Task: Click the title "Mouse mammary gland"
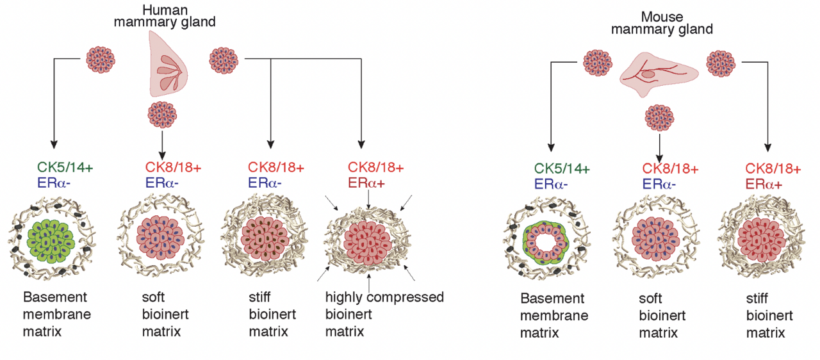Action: click(662, 23)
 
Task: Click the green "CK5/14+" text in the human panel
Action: click(65, 168)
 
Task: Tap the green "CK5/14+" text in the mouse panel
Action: click(562, 168)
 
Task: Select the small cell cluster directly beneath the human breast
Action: click(162, 115)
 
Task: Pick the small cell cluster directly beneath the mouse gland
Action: click(660, 119)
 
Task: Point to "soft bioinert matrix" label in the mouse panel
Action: click(662, 316)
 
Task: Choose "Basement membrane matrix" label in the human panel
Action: click(56, 314)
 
